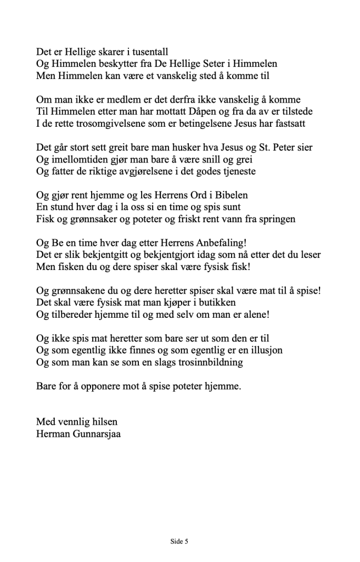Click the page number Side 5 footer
179,541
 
